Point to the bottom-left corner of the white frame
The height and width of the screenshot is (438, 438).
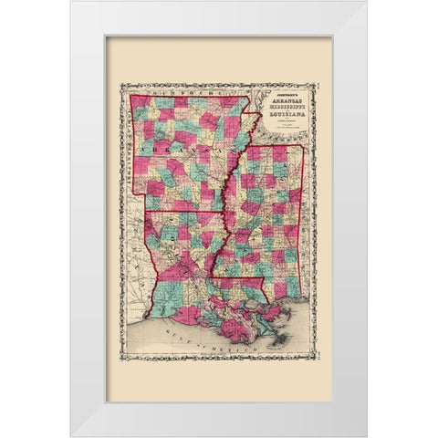point(70,435)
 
